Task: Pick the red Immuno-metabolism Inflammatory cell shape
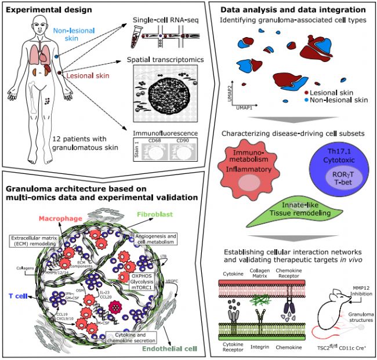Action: [243, 176]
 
